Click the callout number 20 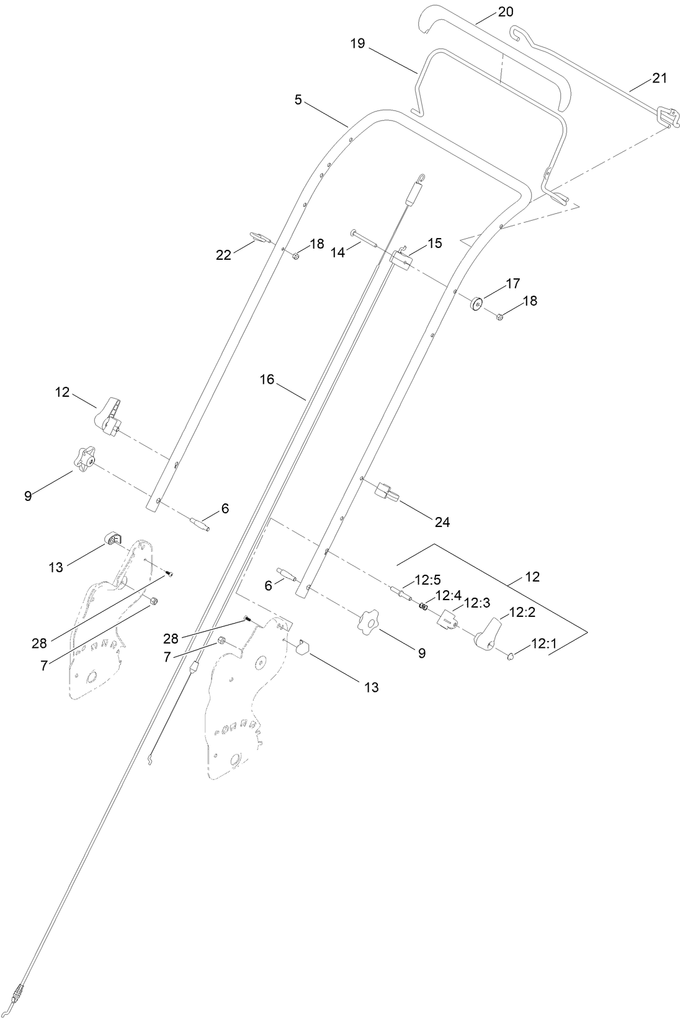(x=506, y=12)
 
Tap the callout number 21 (x=660, y=78)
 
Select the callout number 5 (x=298, y=99)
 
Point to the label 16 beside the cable (x=267, y=379)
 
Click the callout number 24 (x=442, y=522)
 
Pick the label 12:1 (x=544, y=645)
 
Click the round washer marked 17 (x=476, y=303)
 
